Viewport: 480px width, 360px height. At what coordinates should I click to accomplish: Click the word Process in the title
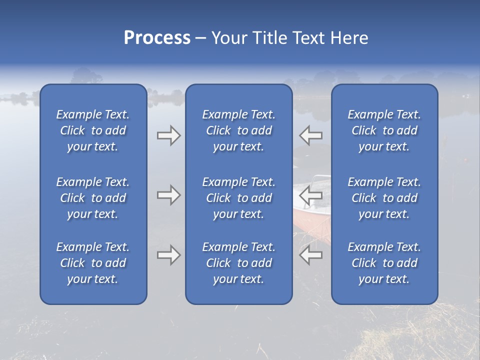157,38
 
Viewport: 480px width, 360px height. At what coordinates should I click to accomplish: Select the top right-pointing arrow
169,135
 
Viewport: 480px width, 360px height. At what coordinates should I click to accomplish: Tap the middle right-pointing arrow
169,195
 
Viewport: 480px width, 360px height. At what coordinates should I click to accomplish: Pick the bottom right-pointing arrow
169,255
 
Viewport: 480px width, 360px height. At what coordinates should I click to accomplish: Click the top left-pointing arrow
311,135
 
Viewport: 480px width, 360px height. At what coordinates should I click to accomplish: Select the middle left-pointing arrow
311,195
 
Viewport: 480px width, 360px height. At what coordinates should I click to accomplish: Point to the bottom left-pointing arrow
311,255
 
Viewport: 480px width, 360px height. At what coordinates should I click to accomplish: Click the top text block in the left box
93,130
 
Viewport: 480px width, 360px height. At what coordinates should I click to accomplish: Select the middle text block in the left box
93,198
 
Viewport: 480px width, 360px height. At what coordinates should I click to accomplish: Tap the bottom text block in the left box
93,263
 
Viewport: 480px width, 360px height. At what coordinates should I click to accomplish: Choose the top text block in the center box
238,130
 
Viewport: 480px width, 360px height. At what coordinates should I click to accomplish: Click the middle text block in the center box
238,198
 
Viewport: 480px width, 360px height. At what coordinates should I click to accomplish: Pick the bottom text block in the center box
238,263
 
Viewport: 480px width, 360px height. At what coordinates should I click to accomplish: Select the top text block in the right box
384,130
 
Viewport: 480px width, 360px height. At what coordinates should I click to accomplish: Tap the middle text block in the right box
384,198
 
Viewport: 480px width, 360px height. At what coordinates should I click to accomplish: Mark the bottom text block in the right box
384,263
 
